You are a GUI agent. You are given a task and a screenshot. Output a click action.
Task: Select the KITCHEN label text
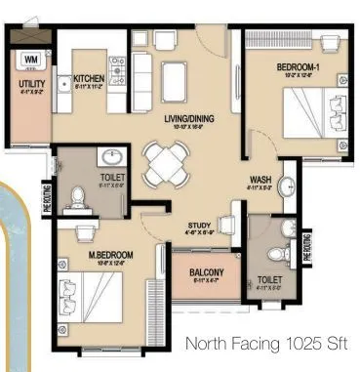(89, 78)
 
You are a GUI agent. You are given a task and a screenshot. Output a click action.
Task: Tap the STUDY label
(199, 227)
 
